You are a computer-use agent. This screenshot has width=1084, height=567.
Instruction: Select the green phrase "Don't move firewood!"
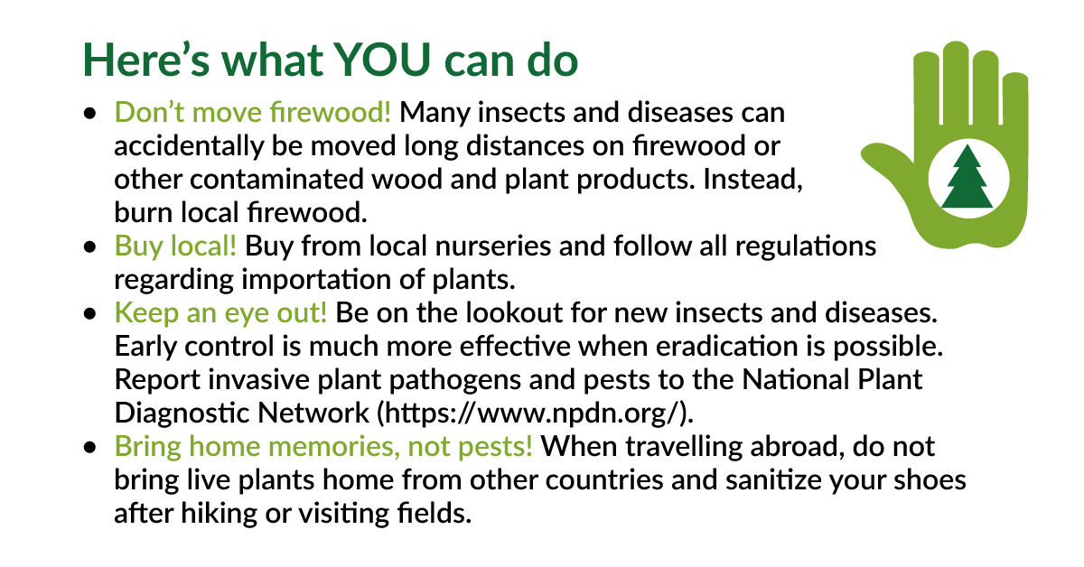pyautogui.click(x=253, y=114)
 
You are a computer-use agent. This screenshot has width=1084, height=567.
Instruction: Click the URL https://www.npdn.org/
pyautogui.click(x=534, y=413)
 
